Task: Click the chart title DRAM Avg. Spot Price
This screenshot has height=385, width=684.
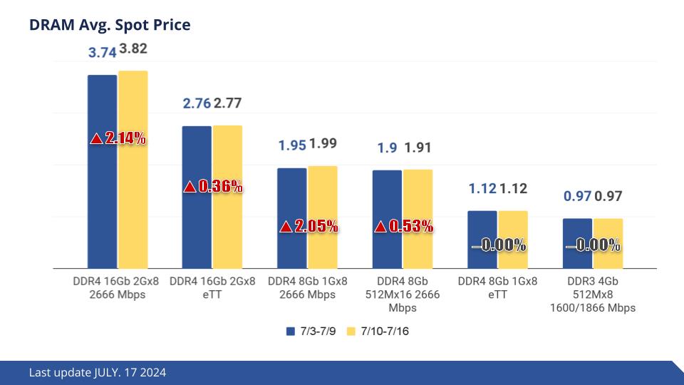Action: (x=110, y=25)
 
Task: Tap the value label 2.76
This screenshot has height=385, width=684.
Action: (x=197, y=103)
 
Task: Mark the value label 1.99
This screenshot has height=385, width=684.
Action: (x=323, y=144)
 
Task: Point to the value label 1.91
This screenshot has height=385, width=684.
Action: (x=418, y=148)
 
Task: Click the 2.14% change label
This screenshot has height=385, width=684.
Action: (x=118, y=139)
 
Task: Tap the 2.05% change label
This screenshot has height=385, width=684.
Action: (x=308, y=227)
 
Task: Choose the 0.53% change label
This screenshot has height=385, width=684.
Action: (x=404, y=227)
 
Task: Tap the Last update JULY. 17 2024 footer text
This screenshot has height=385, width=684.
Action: (x=98, y=373)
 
